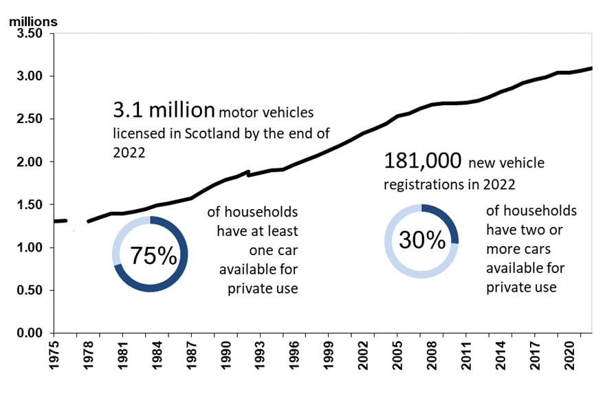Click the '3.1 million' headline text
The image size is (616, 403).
164,111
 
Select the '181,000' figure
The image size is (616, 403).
422,162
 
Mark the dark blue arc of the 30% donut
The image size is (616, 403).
447,220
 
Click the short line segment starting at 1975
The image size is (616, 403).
60,221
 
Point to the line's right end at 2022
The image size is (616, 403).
591,68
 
